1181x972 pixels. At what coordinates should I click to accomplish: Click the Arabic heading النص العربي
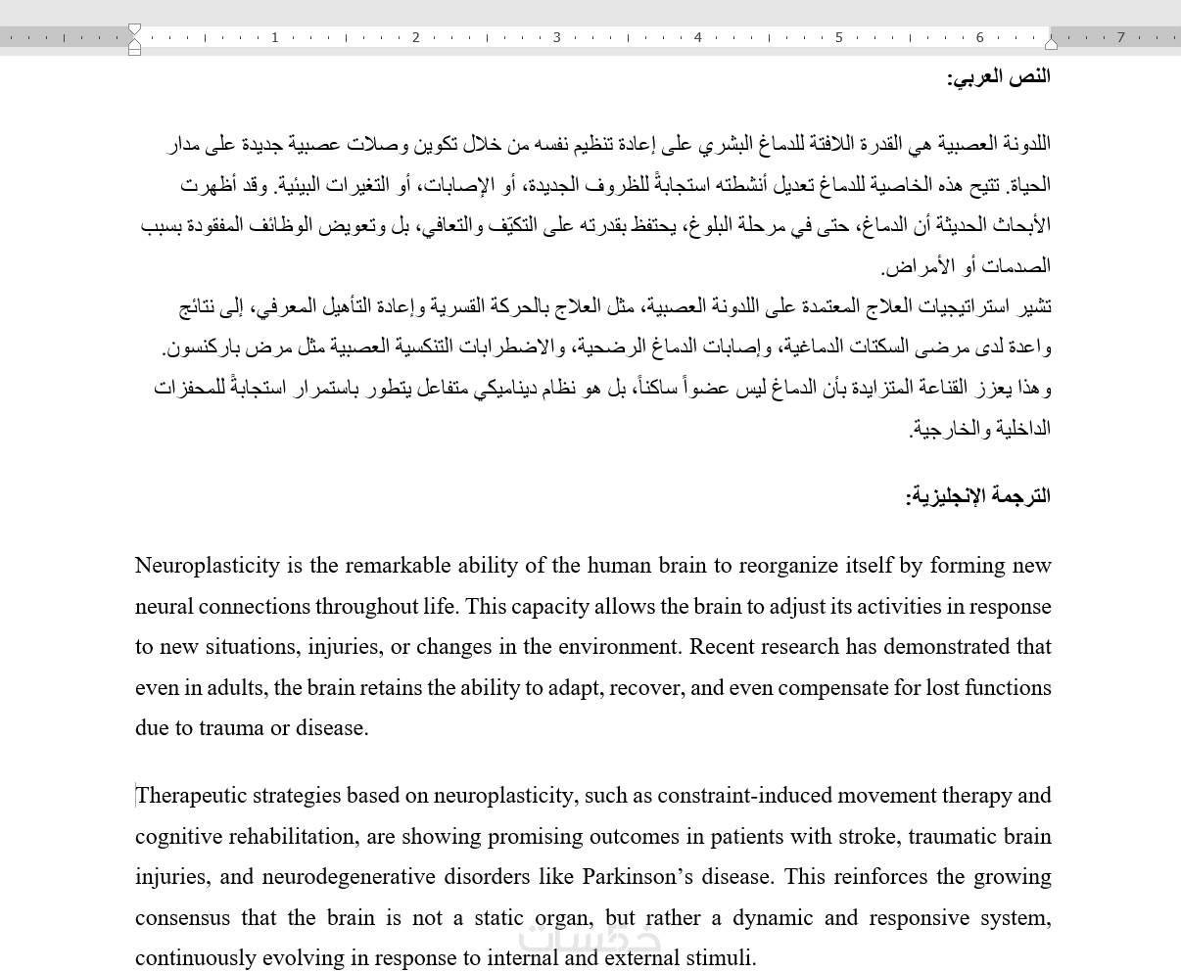(x=999, y=76)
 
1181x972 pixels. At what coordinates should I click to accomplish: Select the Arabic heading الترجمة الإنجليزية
(x=978, y=496)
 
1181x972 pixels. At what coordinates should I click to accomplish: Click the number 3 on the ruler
(x=557, y=37)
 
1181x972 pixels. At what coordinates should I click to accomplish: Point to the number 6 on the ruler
(x=980, y=37)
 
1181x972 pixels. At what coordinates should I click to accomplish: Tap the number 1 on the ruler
(x=275, y=37)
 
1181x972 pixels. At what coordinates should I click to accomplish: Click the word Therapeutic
(x=191, y=796)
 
